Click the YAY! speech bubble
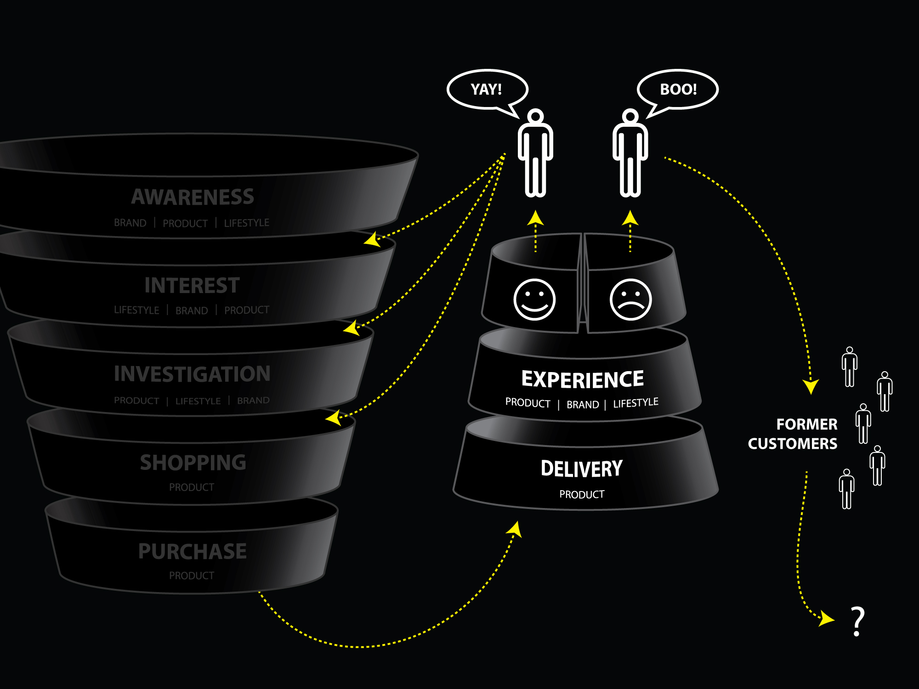point(487,89)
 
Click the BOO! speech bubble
point(678,89)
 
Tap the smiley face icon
point(534,299)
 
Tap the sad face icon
point(630,299)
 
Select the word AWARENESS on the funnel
point(193,197)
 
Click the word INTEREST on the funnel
point(192,285)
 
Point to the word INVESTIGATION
point(192,374)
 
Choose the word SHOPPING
point(193,463)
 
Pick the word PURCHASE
point(193,551)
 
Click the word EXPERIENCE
point(583,380)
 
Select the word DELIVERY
point(582,469)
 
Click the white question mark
point(857,621)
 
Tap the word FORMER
point(807,424)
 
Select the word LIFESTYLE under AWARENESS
point(246,223)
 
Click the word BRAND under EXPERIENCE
point(583,405)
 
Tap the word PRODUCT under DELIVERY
point(582,494)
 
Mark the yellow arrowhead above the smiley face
point(535,218)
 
